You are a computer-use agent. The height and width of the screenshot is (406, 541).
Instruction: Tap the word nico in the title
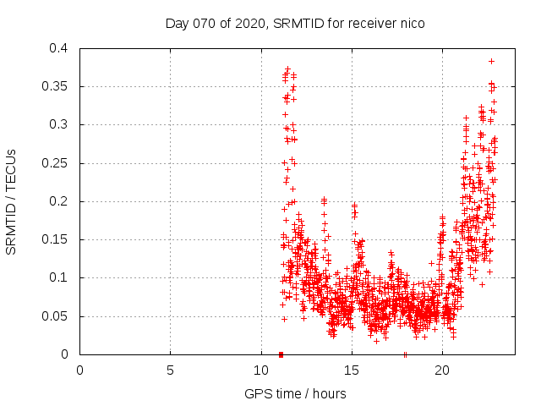[x=411, y=24]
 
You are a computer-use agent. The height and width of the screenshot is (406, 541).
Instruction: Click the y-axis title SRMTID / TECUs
[x=12, y=201]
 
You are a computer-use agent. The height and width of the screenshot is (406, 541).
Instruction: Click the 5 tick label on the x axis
[x=171, y=370]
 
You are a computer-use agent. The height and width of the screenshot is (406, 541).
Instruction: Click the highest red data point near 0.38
[x=491, y=61]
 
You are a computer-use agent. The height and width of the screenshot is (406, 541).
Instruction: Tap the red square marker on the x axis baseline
[x=281, y=354]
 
